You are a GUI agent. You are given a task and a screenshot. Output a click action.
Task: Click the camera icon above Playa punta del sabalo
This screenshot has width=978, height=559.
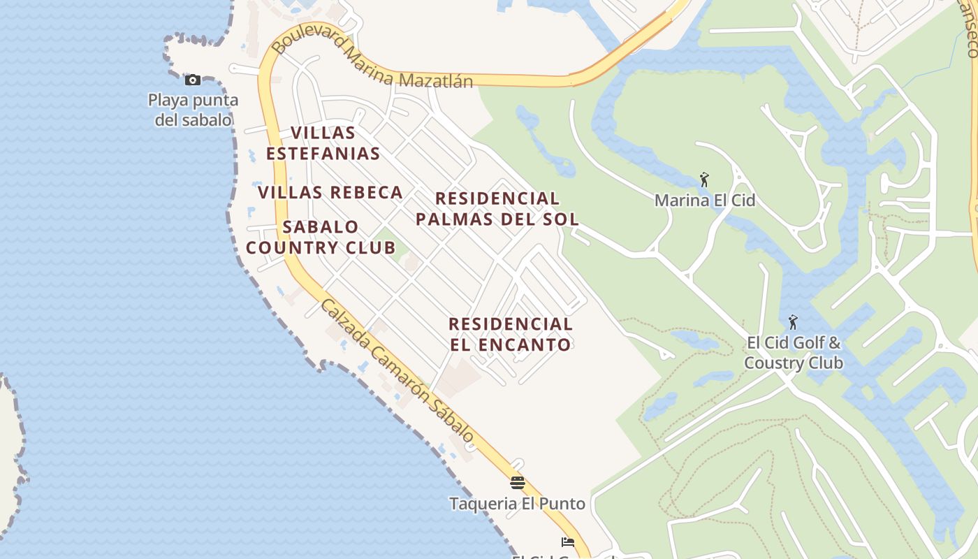click(192, 80)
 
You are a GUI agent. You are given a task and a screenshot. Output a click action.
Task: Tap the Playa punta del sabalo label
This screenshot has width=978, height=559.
click(193, 110)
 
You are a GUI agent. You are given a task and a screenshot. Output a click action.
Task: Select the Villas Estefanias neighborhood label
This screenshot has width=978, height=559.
click(323, 143)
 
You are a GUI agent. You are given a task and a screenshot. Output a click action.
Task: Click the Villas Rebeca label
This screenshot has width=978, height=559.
click(330, 192)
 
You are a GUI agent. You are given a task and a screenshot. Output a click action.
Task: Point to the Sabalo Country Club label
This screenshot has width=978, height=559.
click(321, 237)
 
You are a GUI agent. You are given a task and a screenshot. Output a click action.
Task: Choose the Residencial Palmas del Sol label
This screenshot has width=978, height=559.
click(497, 208)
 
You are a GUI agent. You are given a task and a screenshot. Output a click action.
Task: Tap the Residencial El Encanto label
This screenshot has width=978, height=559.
click(511, 334)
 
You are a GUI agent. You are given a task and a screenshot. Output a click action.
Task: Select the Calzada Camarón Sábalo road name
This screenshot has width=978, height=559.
click(397, 370)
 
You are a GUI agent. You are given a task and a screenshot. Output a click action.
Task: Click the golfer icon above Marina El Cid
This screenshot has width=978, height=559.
click(704, 180)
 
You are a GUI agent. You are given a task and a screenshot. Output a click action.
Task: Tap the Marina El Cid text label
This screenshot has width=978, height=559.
click(704, 201)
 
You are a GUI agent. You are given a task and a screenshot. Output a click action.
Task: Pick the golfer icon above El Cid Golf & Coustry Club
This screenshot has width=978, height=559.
click(793, 322)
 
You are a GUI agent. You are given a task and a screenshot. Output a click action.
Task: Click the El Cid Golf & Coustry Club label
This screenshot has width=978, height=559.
click(794, 353)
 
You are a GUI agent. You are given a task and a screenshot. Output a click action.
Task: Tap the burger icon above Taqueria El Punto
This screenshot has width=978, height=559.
click(517, 482)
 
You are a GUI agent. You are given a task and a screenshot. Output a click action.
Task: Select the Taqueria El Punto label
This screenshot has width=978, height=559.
click(517, 503)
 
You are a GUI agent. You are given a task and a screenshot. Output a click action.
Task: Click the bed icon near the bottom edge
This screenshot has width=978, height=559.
click(567, 542)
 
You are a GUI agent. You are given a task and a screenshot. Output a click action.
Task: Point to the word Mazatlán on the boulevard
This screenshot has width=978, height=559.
click(435, 81)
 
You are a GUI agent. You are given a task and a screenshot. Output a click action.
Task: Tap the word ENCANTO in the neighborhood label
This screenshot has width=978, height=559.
click(525, 344)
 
